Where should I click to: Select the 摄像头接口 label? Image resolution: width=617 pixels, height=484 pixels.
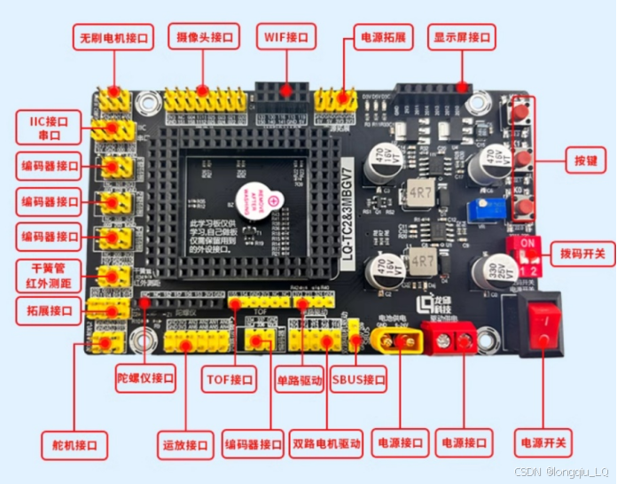204,38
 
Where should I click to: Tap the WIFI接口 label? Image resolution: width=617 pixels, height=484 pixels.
286,38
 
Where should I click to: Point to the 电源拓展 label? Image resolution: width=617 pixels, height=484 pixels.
384,38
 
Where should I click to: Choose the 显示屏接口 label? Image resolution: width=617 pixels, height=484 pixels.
463,38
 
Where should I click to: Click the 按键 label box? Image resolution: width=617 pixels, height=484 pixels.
585,161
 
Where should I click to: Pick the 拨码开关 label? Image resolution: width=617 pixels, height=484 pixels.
582,254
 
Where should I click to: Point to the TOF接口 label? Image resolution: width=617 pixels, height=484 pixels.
230,380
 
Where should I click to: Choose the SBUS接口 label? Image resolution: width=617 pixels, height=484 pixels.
358,380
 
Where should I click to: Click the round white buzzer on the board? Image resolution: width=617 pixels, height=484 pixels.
254,199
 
